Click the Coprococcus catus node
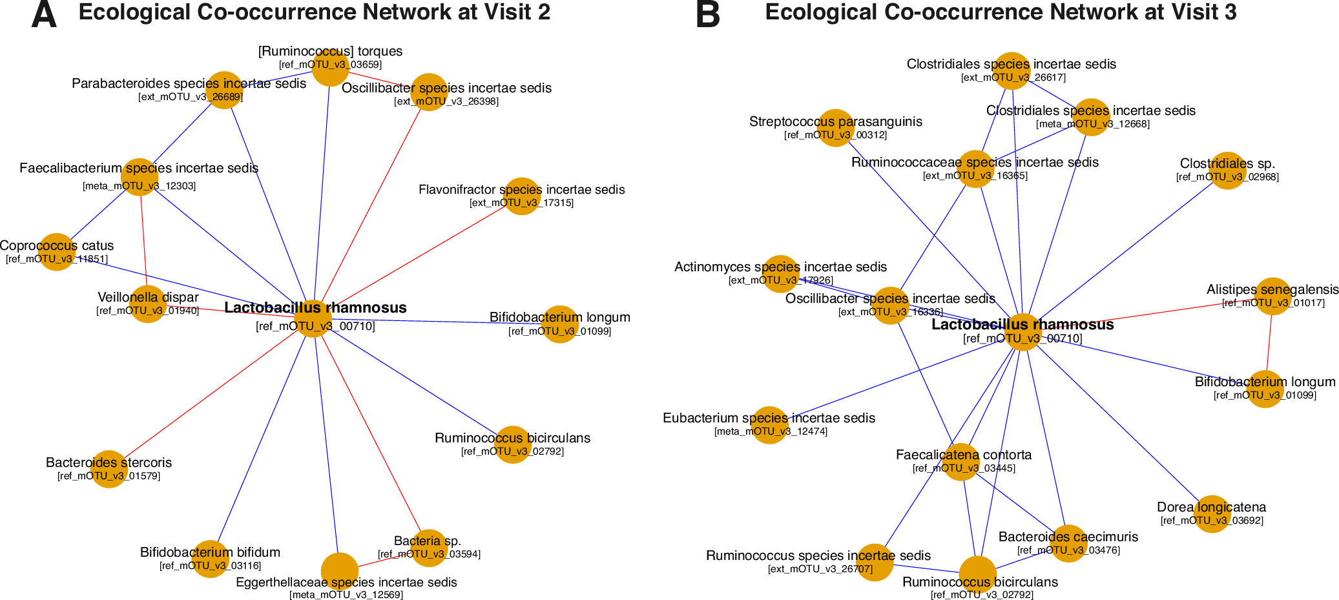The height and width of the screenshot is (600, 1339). coord(57,252)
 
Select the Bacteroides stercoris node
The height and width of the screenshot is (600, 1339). coord(109,469)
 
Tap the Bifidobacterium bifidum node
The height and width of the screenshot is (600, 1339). coord(211,559)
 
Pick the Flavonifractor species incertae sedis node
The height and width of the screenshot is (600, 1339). coord(522,196)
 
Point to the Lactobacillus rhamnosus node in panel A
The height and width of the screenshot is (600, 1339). coord(313,318)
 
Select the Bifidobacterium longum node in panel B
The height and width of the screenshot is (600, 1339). coord(1265,389)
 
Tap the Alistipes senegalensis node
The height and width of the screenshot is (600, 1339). coord(1272,296)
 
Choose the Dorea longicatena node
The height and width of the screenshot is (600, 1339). coord(1212,514)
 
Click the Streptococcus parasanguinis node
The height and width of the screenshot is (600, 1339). coord(836,128)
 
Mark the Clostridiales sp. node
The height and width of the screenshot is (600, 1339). coord(1227,171)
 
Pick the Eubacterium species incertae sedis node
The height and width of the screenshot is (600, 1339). coord(769,425)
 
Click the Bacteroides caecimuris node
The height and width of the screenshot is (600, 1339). coord(1068,543)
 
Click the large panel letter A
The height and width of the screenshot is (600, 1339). coord(44,14)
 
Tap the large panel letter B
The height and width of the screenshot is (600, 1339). coord(708,14)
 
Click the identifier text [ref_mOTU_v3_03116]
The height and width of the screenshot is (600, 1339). coord(211,566)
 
